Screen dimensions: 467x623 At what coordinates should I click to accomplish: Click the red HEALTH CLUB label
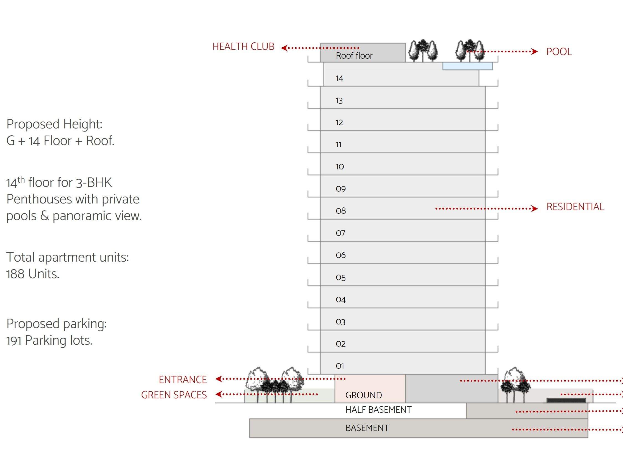[243, 47]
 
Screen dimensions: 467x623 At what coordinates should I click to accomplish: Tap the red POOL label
[559, 52]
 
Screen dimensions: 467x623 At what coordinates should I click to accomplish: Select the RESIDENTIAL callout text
[575, 207]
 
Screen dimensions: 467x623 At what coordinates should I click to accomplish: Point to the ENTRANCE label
[183, 380]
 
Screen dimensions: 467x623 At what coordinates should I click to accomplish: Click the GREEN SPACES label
[174, 395]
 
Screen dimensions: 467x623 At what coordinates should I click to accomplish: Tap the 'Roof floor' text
[354, 56]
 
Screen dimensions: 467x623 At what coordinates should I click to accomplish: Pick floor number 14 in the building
[339, 78]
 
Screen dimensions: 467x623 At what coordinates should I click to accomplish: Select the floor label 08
[341, 211]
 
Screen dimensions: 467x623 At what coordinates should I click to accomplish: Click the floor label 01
[340, 366]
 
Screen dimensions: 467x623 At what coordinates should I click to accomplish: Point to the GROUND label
[364, 395]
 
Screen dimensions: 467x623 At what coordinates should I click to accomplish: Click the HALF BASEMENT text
[378, 410]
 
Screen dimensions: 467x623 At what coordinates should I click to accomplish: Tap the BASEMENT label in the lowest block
[367, 428]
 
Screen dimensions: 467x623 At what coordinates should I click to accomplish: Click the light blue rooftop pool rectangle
[467, 66]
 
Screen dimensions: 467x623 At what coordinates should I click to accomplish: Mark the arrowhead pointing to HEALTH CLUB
[284, 48]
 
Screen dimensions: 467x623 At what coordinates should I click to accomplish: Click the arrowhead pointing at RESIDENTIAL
[534, 209]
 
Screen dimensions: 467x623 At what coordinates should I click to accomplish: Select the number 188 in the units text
[15, 274]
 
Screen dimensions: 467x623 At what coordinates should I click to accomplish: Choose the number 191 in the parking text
[14, 340]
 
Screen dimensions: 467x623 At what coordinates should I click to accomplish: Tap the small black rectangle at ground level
[566, 400]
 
